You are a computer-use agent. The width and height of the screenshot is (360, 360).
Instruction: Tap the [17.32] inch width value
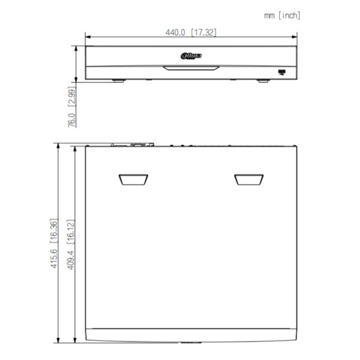(203, 32)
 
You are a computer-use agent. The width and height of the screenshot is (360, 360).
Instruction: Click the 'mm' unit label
(270, 15)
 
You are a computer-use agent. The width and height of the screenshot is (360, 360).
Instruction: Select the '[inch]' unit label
(290, 15)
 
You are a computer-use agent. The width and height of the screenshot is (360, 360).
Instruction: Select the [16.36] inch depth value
(53, 231)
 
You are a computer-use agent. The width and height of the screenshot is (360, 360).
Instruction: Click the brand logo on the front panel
(191, 56)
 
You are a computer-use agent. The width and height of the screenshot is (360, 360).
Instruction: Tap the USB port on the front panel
(281, 72)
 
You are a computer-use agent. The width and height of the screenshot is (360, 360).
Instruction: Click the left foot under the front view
(116, 80)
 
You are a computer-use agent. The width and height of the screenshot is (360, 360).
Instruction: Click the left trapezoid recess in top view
(133, 179)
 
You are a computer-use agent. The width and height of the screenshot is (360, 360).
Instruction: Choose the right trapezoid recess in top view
(248, 179)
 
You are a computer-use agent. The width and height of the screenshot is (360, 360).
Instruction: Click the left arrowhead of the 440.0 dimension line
(88, 38)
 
